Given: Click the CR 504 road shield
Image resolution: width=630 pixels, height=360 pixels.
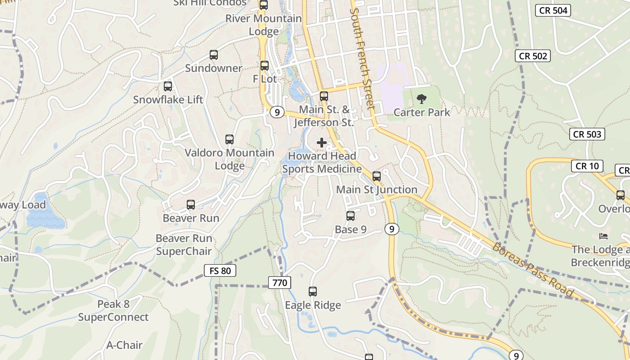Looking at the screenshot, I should coord(553,10).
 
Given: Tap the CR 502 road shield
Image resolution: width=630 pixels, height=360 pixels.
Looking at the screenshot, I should coord(533,56).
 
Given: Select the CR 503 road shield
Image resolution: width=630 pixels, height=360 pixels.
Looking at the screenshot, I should coord(587,134).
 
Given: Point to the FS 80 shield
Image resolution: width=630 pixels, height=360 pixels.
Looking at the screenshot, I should coord(220,270).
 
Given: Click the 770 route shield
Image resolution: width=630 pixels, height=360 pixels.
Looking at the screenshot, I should coord(279,283).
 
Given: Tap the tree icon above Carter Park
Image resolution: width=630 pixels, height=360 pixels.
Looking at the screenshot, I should coord(422,99).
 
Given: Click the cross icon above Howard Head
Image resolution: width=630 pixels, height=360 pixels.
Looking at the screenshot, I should coord(322,143).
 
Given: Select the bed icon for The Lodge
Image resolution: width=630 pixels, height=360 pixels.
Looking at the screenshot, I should coord(603,236).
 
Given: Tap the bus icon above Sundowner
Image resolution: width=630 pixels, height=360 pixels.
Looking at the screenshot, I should coord(214,55).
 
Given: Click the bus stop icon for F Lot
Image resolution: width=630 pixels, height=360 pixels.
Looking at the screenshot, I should coord(265,66).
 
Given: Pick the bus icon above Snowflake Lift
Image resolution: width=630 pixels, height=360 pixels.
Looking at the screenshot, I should coord(168,86).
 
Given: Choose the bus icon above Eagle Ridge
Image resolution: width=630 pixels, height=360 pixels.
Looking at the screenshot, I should coord(313,292).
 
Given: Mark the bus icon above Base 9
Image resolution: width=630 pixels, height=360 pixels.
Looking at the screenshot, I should coord(351,216).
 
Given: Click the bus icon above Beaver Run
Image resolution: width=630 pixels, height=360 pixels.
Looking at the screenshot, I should coord(191,205).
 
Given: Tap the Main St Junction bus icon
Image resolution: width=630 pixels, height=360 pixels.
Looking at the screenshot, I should coord(377,176).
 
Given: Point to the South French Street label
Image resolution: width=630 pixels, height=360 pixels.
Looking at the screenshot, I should coord(362,54).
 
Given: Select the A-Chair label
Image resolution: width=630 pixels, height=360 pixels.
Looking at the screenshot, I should coord(124,345).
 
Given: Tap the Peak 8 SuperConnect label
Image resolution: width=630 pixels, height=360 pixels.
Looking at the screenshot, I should coord(113,310).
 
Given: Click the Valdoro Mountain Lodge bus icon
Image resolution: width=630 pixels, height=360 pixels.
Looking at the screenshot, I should coord(229,139).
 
